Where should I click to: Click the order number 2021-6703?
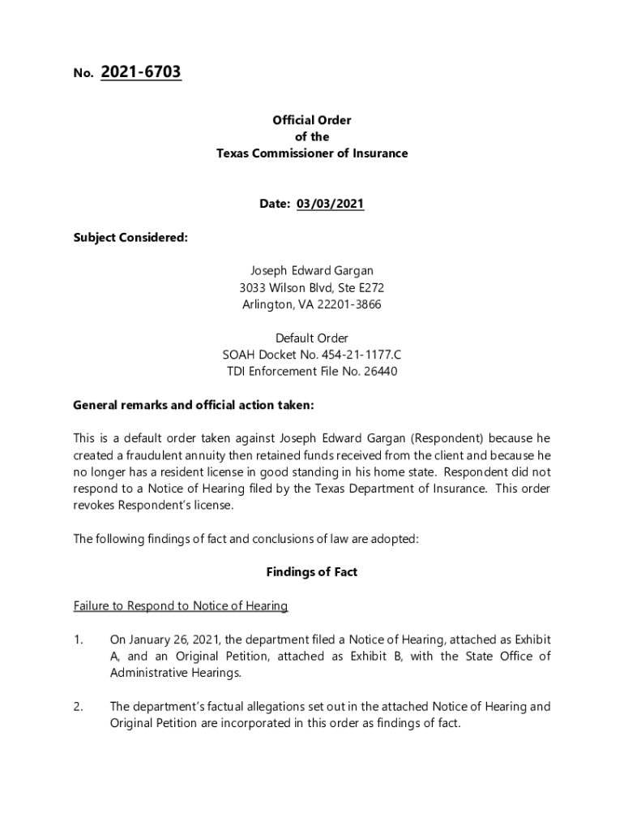141,73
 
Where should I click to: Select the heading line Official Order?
312,120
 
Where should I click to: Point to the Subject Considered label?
130,238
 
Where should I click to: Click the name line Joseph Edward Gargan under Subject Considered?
312,271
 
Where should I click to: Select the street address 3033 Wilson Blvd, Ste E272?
312,288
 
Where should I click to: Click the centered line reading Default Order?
312,338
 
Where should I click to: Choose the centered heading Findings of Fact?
312,572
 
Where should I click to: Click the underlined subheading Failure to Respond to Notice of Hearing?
181,606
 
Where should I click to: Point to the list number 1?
78,640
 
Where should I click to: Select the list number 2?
78,707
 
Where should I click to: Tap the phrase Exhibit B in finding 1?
374,657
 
